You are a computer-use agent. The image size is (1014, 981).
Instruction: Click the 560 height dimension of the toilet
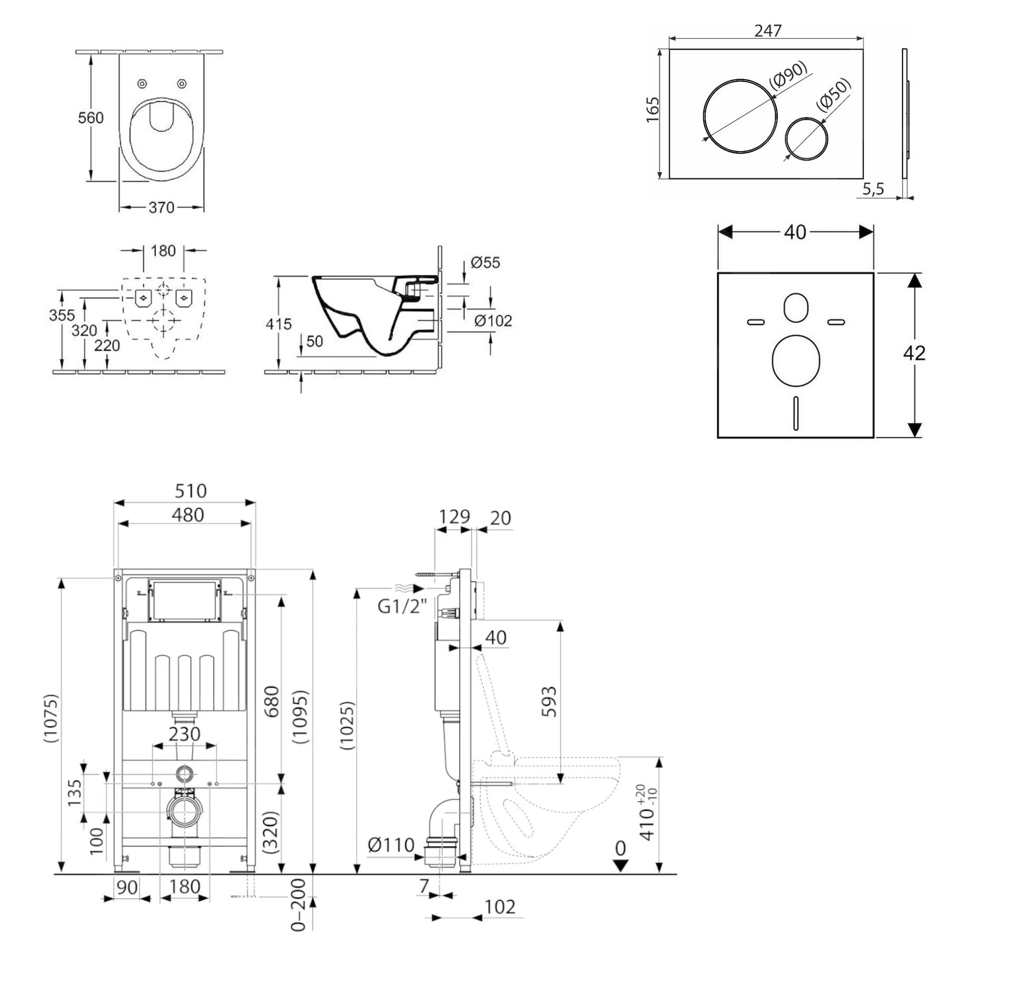[x=90, y=118]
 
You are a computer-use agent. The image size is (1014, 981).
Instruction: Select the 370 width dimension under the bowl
[x=161, y=207]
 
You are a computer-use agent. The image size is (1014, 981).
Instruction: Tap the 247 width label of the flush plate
[x=767, y=31]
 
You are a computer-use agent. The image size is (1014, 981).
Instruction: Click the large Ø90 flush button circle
[x=740, y=116]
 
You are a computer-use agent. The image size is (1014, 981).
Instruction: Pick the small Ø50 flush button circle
[x=806, y=138]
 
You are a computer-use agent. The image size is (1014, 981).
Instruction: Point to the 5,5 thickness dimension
[x=873, y=189]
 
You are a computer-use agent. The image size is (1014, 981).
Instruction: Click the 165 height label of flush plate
[x=653, y=109]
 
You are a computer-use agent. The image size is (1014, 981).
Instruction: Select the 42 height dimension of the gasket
[x=914, y=353]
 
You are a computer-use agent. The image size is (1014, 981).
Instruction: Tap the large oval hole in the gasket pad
[x=795, y=360]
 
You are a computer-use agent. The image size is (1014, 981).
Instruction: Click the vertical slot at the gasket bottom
[x=795, y=413]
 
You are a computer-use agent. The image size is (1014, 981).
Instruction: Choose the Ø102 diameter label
[x=493, y=321]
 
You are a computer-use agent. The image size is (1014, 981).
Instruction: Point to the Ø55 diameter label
[x=485, y=263]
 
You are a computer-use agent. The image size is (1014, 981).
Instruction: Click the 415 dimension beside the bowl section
[x=278, y=324]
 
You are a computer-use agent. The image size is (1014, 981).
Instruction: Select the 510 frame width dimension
[x=190, y=491]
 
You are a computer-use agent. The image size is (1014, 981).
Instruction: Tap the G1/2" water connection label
[x=401, y=606]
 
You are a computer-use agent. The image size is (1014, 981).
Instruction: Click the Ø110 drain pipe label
[x=391, y=845]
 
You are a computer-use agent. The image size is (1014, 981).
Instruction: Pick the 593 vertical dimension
[x=549, y=701]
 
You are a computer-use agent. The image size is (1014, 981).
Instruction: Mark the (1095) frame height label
[x=300, y=716]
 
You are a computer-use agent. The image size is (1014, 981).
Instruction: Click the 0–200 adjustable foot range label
[x=298, y=904]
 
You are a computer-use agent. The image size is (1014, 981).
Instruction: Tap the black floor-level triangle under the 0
[x=621, y=865]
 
